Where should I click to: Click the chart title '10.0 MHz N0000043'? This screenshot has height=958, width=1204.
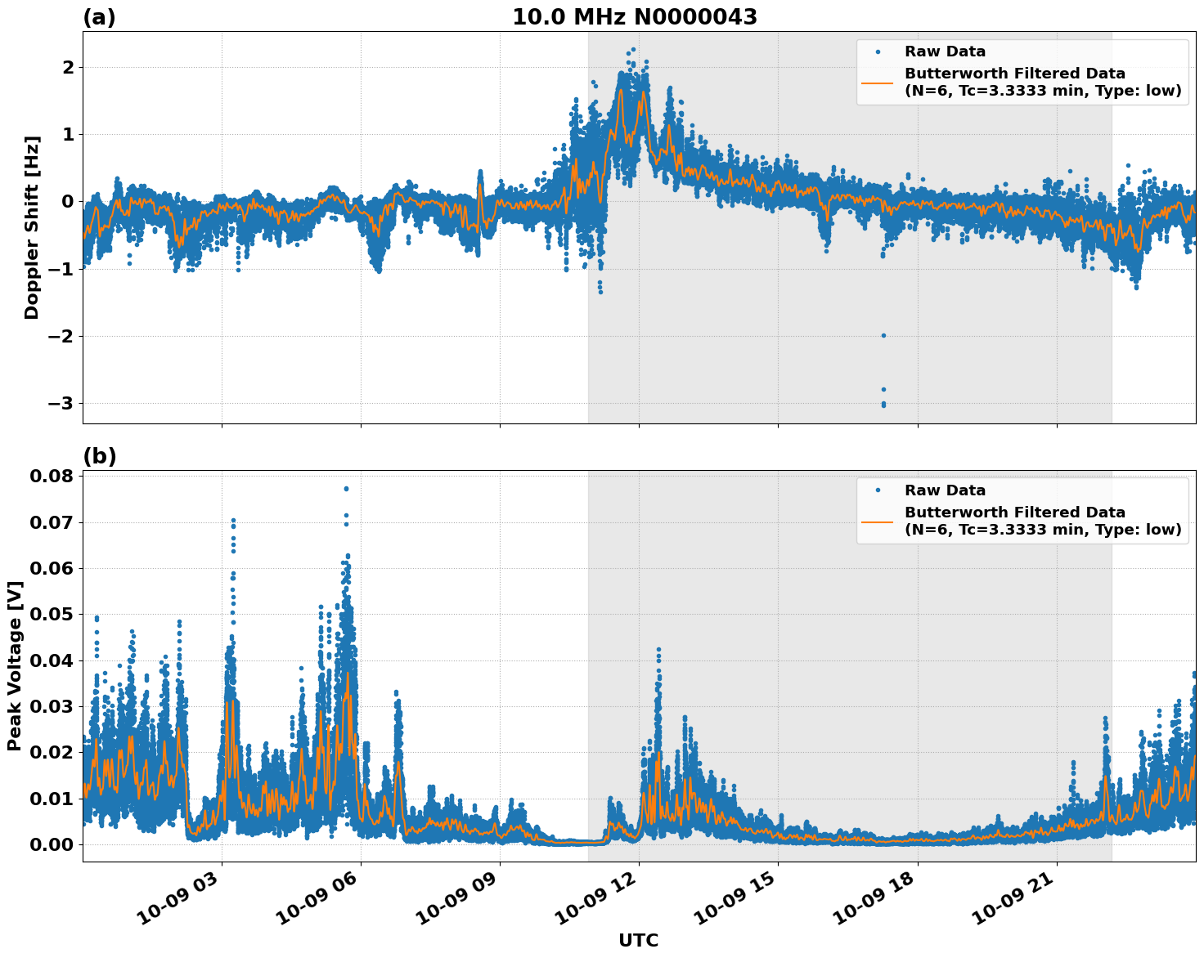[634, 17]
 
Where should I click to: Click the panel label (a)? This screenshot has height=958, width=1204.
[99, 17]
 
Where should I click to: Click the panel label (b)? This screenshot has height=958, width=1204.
[99, 456]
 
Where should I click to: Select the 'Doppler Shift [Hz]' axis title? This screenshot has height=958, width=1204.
[31, 228]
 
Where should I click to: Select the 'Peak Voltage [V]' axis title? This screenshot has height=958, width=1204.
[14, 665]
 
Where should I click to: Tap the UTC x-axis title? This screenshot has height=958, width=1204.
[638, 940]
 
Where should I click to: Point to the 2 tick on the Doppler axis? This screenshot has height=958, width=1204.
[68, 67]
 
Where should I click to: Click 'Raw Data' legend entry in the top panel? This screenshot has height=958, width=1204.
[945, 51]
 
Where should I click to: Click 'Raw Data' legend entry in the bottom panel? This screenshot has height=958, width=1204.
[945, 490]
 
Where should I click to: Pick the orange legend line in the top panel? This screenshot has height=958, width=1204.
[877, 82]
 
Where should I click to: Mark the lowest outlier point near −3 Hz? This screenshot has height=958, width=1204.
[883, 405]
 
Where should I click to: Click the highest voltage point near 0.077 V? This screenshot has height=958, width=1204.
[346, 489]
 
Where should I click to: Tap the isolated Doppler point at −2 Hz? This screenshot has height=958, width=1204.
[883, 335]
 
